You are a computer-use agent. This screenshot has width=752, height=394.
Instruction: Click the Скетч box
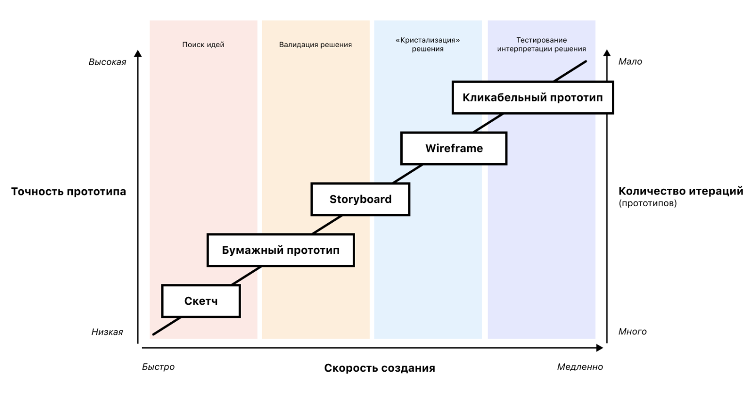pyautogui.click(x=201, y=301)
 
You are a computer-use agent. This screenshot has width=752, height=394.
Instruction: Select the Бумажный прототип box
pyautogui.click(x=280, y=250)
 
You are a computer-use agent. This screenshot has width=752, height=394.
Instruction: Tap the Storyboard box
pyautogui.click(x=360, y=199)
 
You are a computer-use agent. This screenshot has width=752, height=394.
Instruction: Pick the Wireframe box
pyautogui.click(x=454, y=148)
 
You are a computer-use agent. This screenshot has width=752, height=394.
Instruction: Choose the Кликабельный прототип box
pyautogui.click(x=533, y=98)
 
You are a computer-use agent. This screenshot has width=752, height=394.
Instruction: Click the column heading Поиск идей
pyautogui.click(x=203, y=45)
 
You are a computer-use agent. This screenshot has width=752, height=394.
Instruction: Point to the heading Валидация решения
pyautogui.click(x=315, y=45)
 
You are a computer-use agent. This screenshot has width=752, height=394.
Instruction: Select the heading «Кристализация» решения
pyautogui.click(x=427, y=45)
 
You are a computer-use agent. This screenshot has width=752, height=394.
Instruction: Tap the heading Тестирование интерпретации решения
pyautogui.click(x=541, y=45)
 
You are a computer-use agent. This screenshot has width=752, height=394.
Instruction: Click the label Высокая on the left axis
pyautogui.click(x=107, y=62)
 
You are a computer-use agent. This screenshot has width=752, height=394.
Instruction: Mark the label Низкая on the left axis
pyautogui.click(x=107, y=332)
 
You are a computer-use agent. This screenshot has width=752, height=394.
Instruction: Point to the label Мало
pyautogui.click(x=630, y=62)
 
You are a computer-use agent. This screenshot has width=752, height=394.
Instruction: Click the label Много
pyautogui.click(x=632, y=332)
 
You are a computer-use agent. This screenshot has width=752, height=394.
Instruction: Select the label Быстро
pyautogui.click(x=158, y=367)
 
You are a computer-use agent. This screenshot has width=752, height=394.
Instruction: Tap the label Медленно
pyautogui.click(x=580, y=367)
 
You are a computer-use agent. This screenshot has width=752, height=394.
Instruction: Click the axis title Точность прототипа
pyautogui.click(x=68, y=192)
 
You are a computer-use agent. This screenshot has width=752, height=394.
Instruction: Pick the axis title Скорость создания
pyautogui.click(x=379, y=368)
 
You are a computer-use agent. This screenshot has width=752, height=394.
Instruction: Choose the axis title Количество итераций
pyautogui.click(x=681, y=191)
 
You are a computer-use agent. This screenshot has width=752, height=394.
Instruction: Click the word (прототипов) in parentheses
pyautogui.click(x=648, y=204)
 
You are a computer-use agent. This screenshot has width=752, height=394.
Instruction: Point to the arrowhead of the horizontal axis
pyautogui.click(x=600, y=347)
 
